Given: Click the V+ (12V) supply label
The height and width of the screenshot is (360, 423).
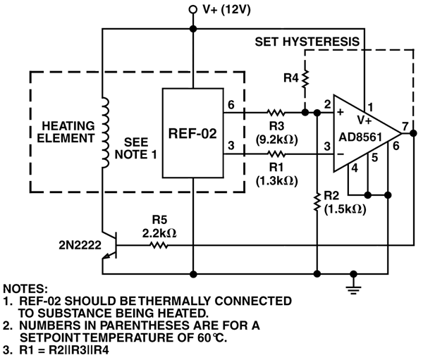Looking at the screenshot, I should click(226, 10).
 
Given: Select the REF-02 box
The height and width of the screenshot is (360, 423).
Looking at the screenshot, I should click(192, 132).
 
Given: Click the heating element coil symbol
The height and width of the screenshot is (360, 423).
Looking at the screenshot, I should click(106, 134).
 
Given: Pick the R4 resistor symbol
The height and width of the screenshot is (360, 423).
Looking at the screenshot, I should click(305, 82).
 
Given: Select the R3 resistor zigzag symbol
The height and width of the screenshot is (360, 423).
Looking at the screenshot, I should click(275, 112).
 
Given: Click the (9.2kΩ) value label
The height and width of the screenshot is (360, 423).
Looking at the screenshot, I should click(275, 140).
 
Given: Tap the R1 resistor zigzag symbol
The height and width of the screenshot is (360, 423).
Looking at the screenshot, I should click(275, 154).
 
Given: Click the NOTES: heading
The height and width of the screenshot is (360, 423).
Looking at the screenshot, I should click(27, 289).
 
